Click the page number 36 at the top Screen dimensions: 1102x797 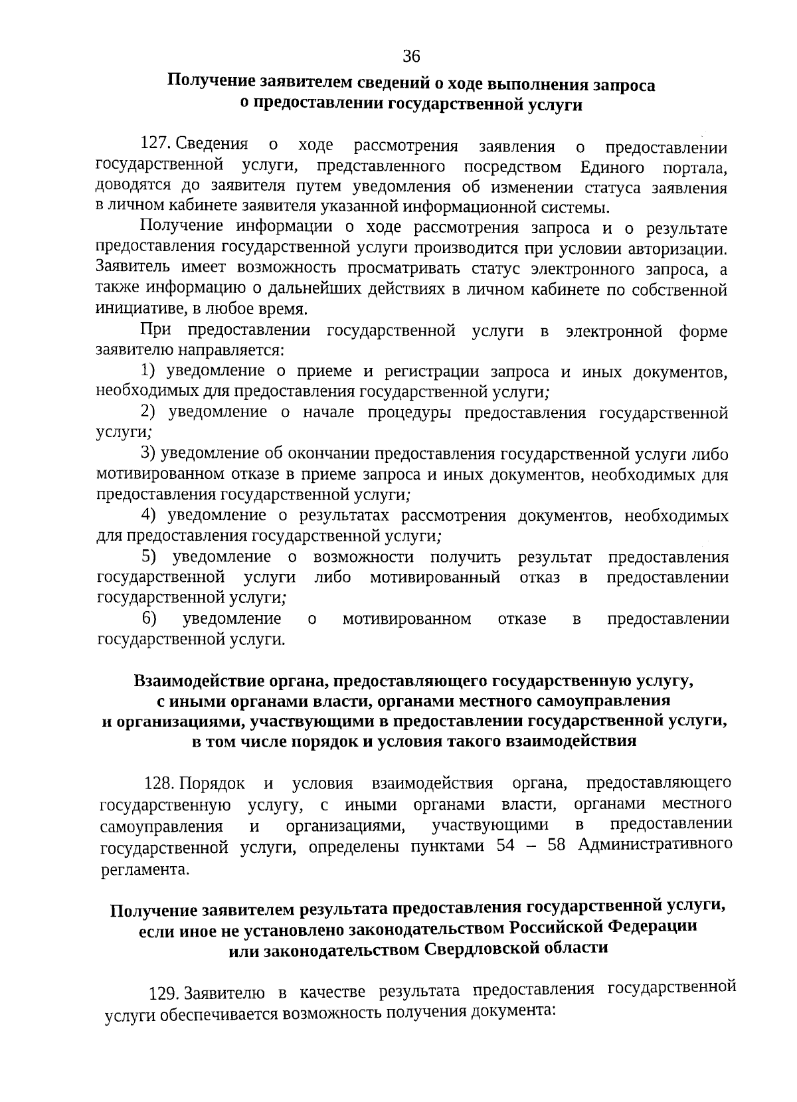click(x=411, y=57)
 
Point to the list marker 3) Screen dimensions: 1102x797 click(x=149, y=453)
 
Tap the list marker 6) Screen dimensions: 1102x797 click(x=149, y=618)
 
